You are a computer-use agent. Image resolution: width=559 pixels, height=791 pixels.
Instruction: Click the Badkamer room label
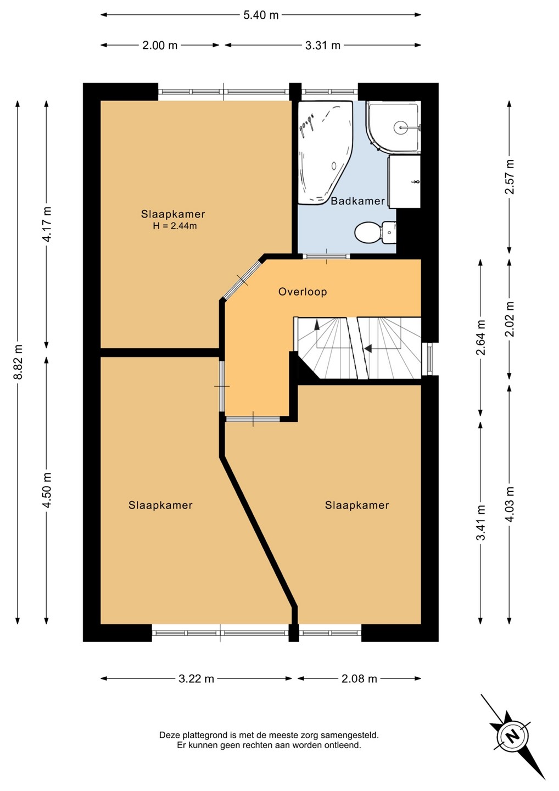357,201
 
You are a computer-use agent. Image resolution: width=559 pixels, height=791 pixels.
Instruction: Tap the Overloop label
303,292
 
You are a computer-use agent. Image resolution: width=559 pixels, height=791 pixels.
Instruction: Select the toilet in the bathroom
375,232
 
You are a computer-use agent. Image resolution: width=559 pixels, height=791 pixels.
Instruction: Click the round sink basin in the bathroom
400,126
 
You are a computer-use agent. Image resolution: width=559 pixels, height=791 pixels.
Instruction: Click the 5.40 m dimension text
261,15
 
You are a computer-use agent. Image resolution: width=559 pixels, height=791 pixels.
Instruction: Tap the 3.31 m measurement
322,46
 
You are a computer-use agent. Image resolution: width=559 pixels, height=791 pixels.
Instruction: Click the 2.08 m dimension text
359,679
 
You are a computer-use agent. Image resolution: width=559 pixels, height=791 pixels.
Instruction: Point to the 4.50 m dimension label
47,489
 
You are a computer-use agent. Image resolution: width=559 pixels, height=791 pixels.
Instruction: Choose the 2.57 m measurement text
509,177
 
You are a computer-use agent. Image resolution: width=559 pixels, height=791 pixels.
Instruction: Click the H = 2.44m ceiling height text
175,226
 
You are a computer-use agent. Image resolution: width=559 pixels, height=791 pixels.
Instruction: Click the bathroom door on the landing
326,257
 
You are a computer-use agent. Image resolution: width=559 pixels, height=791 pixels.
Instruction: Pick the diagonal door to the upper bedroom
243,279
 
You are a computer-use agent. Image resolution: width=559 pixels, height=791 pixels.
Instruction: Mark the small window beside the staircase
429,359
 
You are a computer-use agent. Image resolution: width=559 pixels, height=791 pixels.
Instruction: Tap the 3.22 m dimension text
196,679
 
